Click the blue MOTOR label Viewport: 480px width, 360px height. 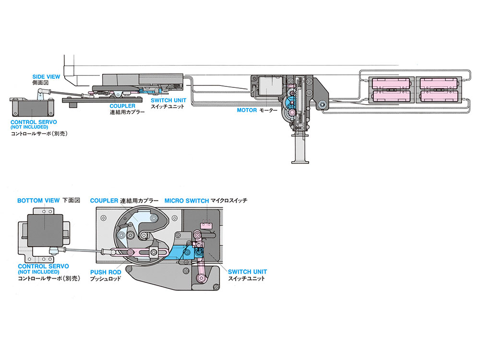point(247,110)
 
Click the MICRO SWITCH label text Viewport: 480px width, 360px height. point(186,200)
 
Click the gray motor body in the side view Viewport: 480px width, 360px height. point(270,88)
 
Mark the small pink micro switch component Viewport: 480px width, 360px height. point(207,224)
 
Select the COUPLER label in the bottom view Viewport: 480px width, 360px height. point(104,200)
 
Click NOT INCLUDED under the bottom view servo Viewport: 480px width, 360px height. point(42,272)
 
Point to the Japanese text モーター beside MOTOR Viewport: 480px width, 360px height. point(269,110)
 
